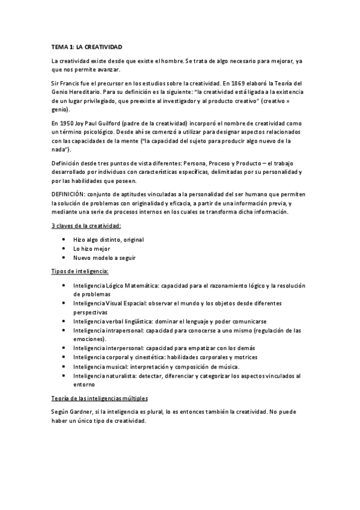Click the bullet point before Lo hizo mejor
point(63,248)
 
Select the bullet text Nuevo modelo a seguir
point(104,257)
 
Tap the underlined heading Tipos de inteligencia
point(80,272)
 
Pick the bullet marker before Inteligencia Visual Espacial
point(63,304)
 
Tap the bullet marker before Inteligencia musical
point(63,367)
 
